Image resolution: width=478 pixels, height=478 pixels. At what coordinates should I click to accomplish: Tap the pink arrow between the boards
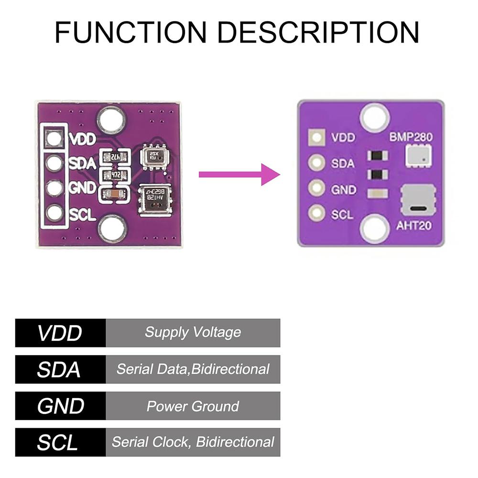click(x=239, y=174)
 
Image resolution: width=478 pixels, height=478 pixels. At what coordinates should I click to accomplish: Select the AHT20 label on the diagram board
click(x=414, y=225)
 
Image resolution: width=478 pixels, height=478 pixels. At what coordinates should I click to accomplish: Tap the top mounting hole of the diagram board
click(x=375, y=116)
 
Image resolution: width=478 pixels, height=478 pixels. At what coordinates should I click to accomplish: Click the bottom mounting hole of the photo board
click(x=112, y=228)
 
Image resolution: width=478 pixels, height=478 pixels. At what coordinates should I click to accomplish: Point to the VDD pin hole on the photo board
click(x=55, y=139)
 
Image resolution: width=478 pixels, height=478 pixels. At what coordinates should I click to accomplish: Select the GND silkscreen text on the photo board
click(x=83, y=188)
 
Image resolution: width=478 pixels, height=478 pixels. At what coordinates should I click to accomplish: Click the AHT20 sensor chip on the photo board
click(x=154, y=200)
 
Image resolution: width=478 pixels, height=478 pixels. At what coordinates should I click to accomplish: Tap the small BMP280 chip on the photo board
click(x=154, y=158)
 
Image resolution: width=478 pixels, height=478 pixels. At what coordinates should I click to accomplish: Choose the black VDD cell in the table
click(x=60, y=333)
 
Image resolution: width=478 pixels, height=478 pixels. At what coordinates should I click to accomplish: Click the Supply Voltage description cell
click(x=193, y=333)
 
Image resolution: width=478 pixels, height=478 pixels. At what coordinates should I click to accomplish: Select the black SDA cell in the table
click(x=60, y=369)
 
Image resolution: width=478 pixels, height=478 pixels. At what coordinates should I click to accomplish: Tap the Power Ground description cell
click(x=193, y=406)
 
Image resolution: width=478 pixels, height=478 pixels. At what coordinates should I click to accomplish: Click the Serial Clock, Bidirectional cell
click(x=193, y=442)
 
